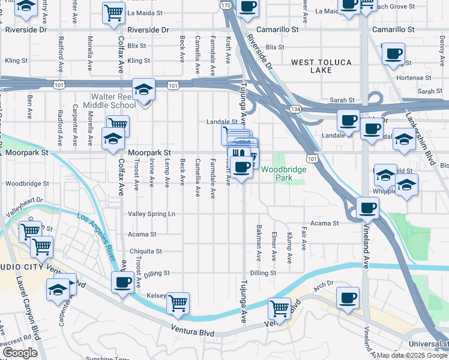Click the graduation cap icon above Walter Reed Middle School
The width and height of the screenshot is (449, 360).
coord(143,90)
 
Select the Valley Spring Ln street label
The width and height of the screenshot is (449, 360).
coord(151,214)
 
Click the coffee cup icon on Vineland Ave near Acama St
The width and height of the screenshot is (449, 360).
coord(367,208)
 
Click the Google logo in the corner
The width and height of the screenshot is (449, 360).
coord(20,353)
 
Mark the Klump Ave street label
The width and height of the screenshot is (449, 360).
coord(289,248)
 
